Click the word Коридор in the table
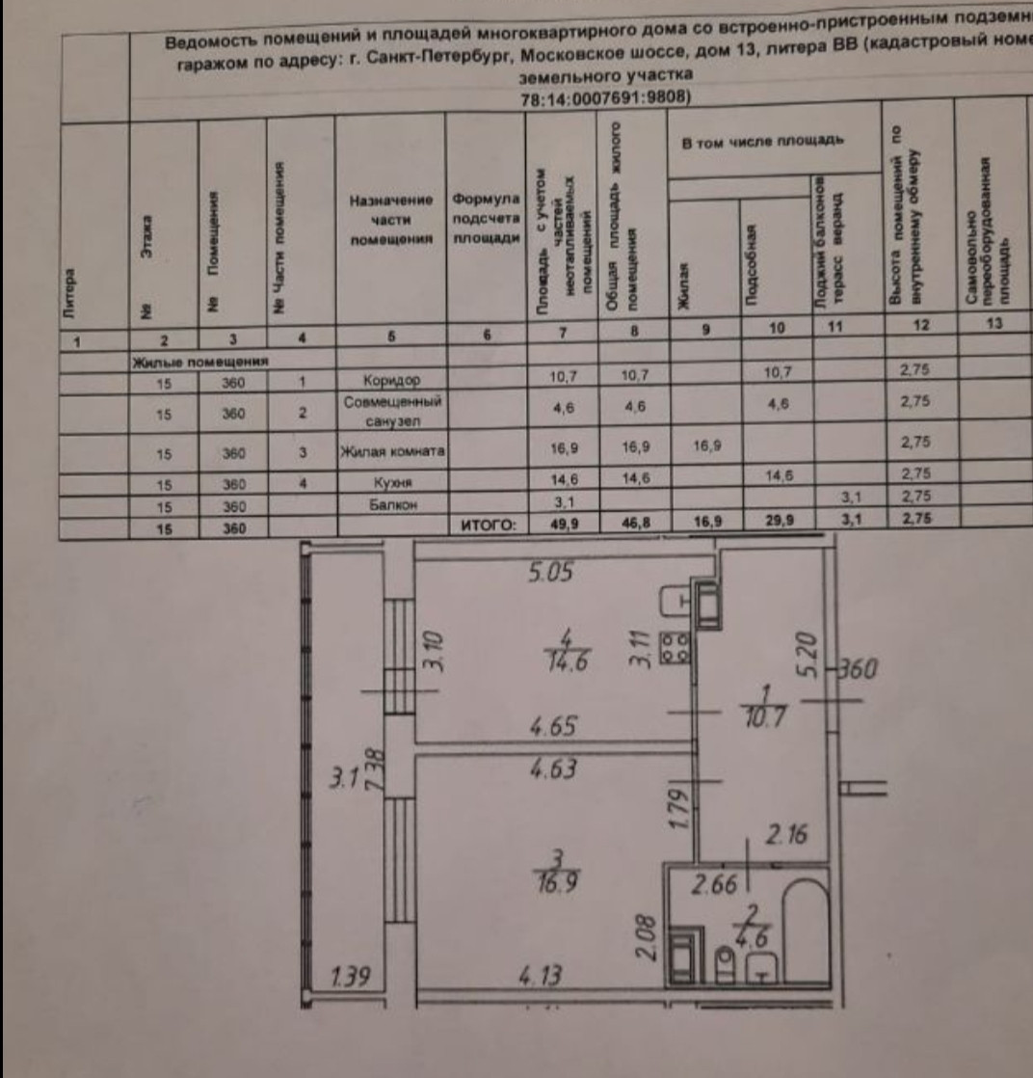tap(389, 380)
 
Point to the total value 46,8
tap(631, 526)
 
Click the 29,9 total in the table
tap(778, 526)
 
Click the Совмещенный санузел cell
tap(390, 410)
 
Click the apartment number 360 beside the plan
tap(855, 669)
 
